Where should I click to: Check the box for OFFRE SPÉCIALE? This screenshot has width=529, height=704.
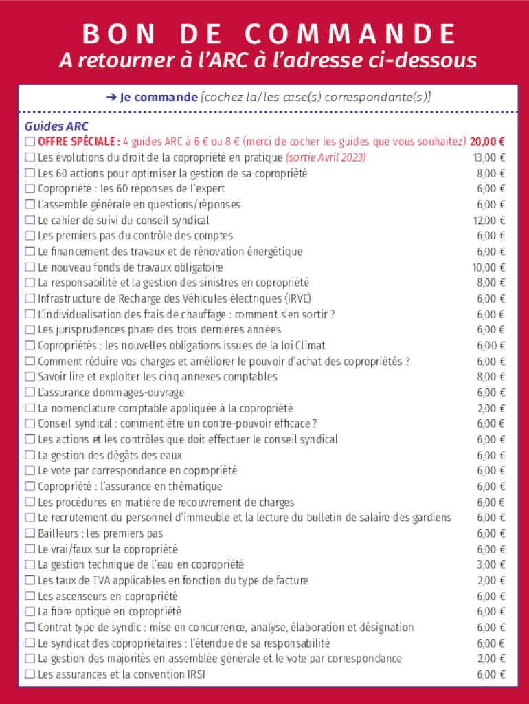pyautogui.click(x=30, y=142)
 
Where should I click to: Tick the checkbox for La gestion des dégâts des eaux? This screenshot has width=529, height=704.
pyautogui.click(x=30, y=455)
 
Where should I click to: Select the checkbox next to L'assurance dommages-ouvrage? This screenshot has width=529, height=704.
pyautogui.click(x=30, y=393)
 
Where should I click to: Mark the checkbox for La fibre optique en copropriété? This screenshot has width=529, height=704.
pyautogui.click(x=30, y=612)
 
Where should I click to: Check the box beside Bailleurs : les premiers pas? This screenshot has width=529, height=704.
pyautogui.click(x=30, y=533)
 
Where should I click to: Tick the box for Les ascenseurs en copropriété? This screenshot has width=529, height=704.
pyautogui.click(x=30, y=596)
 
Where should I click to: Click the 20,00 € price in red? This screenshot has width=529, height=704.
pyautogui.click(x=488, y=142)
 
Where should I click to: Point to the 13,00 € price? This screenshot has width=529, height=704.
pyautogui.click(x=489, y=157)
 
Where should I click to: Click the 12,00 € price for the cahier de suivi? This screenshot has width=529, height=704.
pyautogui.click(x=489, y=220)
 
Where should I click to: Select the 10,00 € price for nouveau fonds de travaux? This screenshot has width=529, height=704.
pyautogui.click(x=489, y=267)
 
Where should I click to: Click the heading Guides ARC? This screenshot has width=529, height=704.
pyautogui.click(x=56, y=126)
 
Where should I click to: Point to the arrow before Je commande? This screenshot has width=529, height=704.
pyautogui.click(x=111, y=97)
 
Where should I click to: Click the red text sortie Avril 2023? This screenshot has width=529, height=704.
pyautogui.click(x=326, y=157)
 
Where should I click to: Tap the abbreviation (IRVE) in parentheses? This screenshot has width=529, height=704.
pyautogui.click(x=297, y=298)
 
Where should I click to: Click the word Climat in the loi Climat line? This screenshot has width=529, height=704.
pyautogui.click(x=310, y=345)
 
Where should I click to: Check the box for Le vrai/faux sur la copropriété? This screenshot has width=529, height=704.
pyautogui.click(x=30, y=549)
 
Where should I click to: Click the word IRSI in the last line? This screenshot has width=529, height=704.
pyautogui.click(x=193, y=674)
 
